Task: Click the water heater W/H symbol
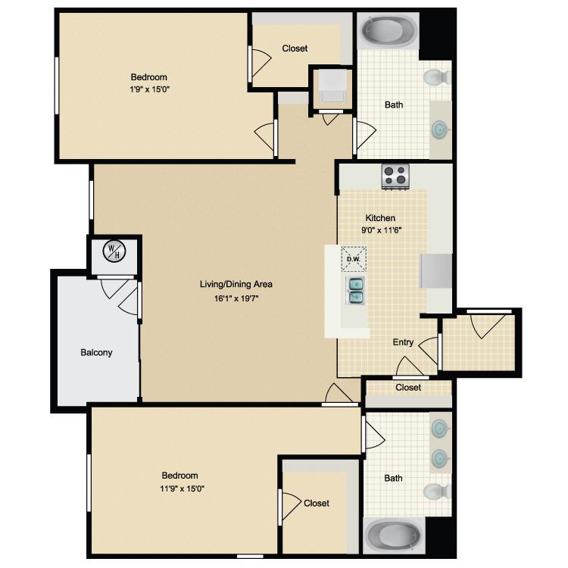click(114, 251)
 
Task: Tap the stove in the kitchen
click(395, 176)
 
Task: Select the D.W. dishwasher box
click(354, 259)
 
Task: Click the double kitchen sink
click(355, 291)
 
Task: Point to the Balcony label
click(96, 352)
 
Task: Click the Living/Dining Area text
click(236, 284)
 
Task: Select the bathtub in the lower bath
click(394, 535)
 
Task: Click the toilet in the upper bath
click(437, 77)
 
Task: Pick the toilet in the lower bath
click(437, 492)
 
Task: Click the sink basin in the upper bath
click(440, 130)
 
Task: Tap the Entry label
click(403, 342)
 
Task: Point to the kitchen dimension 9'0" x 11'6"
click(382, 230)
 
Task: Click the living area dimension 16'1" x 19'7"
click(236, 298)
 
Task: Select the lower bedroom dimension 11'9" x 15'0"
click(183, 488)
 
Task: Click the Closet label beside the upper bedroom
click(295, 48)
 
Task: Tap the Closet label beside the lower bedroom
click(317, 503)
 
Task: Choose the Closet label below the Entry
click(408, 388)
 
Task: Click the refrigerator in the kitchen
click(436, 270)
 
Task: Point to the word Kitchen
click(380, 218)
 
